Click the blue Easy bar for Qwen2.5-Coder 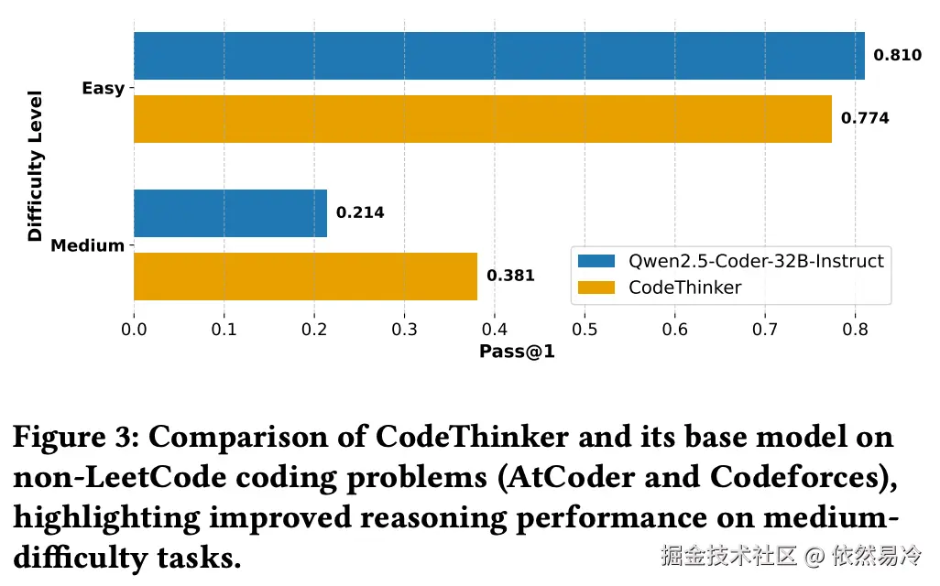pyautogui.click(x=499, y=56)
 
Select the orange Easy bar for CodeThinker pyautogui.click(x=483, y=119)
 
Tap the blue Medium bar pyautogui.click(x=230, y=213)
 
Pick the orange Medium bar pyautogui.click(x=305, y=276)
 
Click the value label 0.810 pyautogui.click(x=897, y=56)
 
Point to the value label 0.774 pyautogui.click(x=864, y=119)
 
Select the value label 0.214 pyautogui.click(x=360, y=213)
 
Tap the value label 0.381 pyautogui.click(x=510, y=276)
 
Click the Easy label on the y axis pyautogui.click(x=103, y=89)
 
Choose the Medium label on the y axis pyautogui.click(x=87, y=245)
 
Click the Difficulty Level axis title pyautogui.click(x=36, y=166)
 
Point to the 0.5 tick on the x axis pyautogui.click(x=585, y=328)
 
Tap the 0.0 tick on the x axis pyautogui.click(x=134, y=328)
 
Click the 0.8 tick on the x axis pyautogui.click(x=855, y=328)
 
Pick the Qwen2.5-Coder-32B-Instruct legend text pyautogui.click(x=756, y=261)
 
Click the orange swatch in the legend pyautogui.click(x=596, y=288)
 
